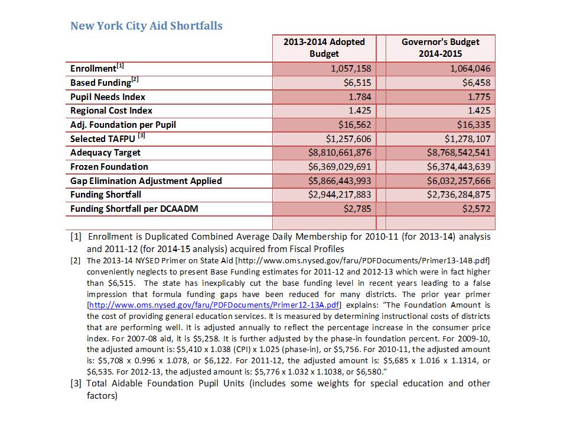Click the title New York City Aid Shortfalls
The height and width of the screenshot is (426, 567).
[146, 26]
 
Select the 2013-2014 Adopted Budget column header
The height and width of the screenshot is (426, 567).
[324, 48]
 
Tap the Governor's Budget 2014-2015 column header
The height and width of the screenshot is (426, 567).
[440, 48]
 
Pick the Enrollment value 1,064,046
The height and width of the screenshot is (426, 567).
[465, 69]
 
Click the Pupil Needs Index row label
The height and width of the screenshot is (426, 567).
[107, 97]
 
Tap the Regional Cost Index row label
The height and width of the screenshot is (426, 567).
[111, 111]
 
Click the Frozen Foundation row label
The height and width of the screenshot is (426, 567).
[109, 167]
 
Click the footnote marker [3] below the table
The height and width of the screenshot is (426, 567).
[76, 384]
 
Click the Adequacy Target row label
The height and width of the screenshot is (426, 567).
[105, 153]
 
